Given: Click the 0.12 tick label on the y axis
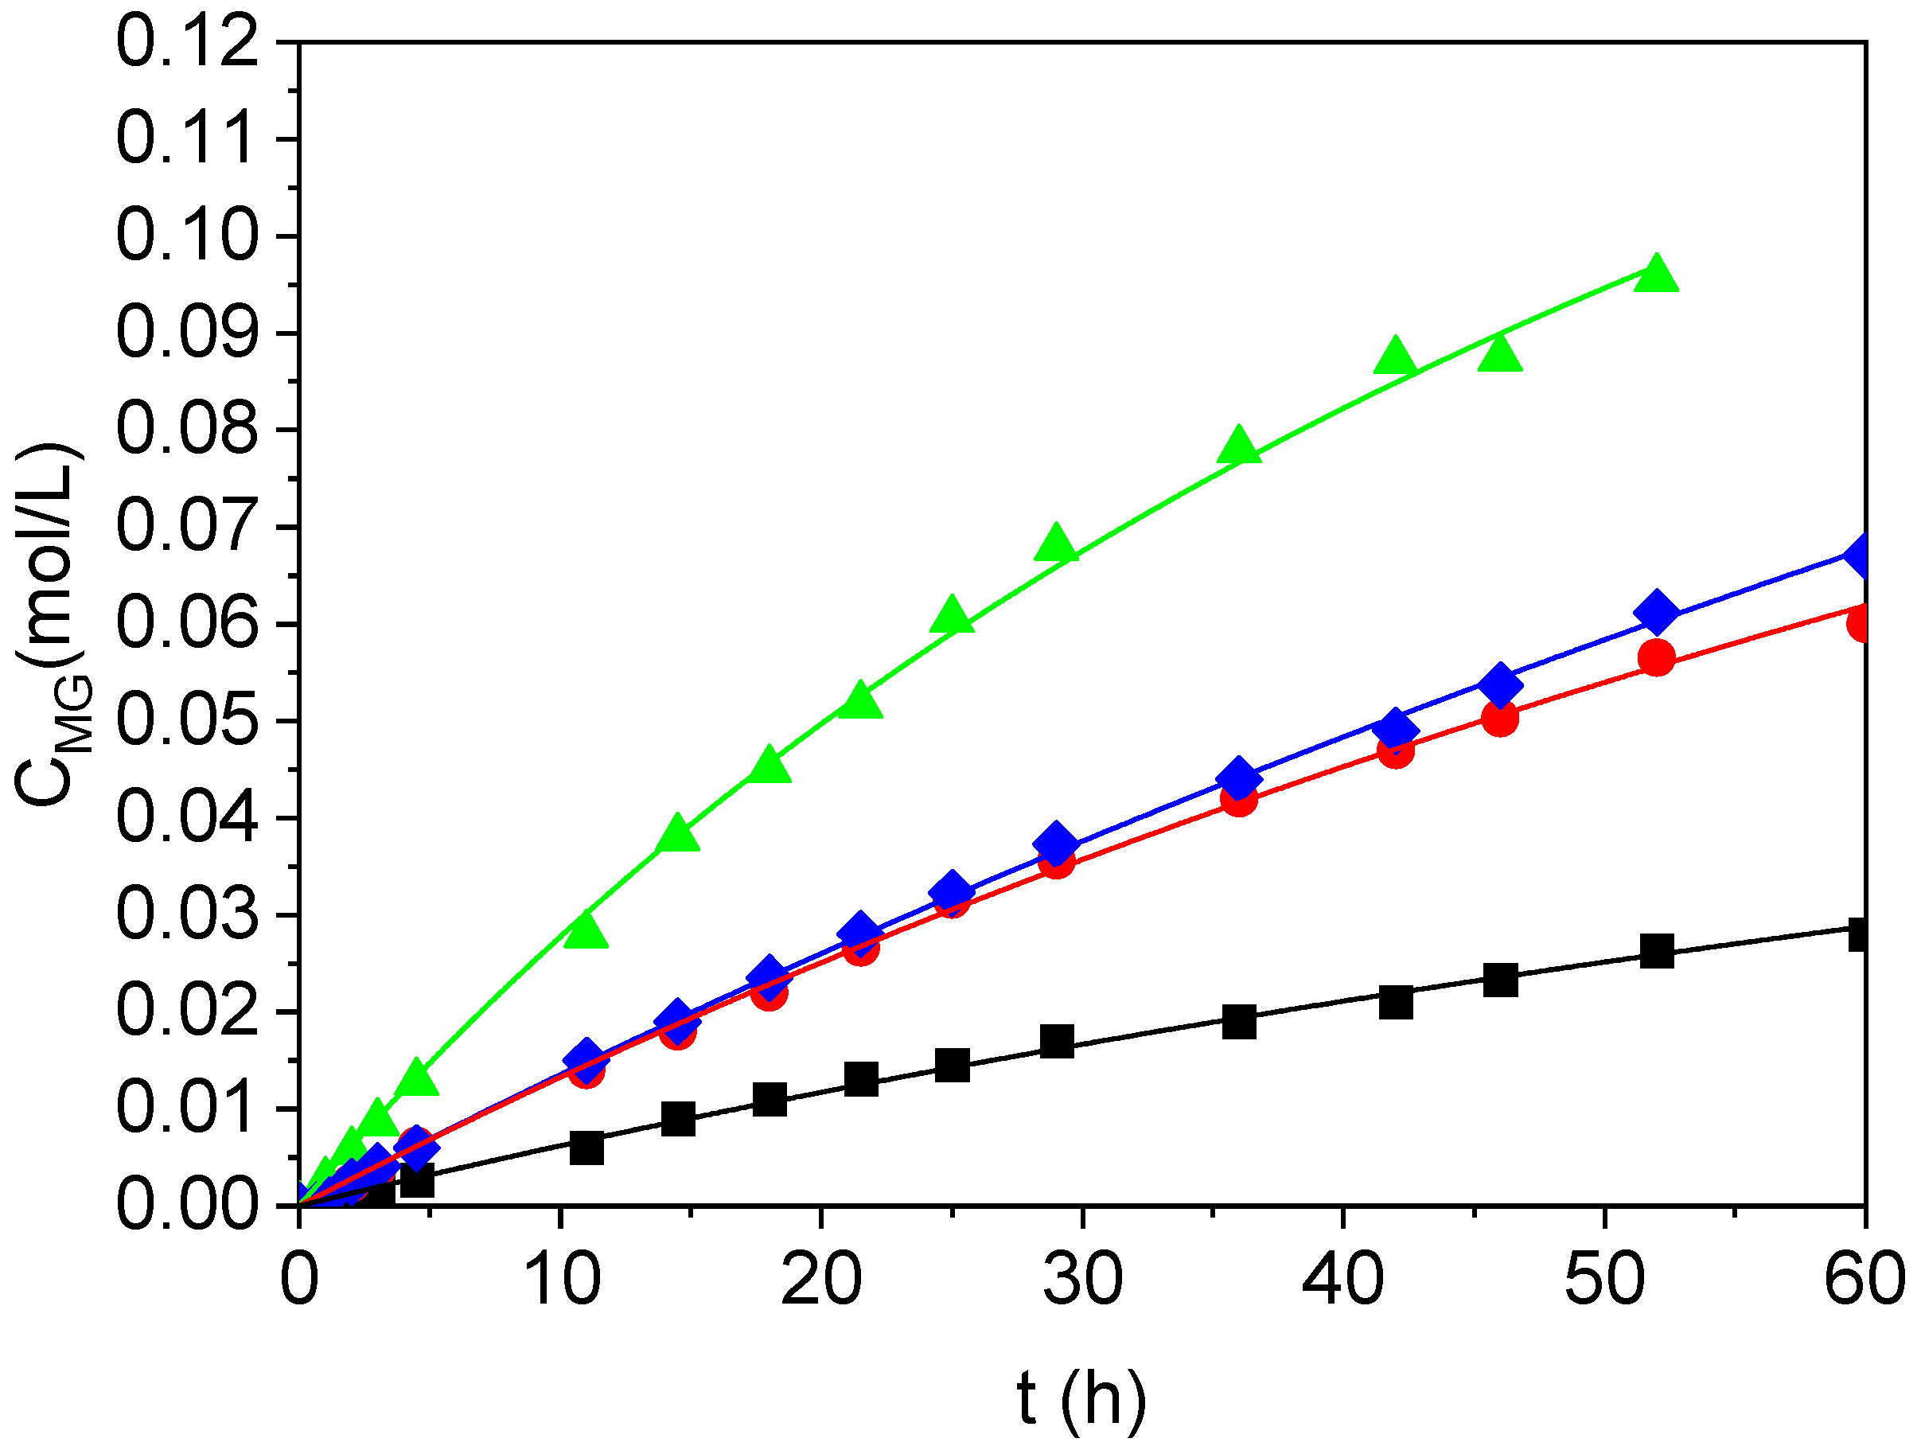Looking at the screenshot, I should point(187,44).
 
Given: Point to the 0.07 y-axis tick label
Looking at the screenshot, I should point(187,527).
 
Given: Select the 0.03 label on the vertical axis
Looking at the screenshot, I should point(187,915).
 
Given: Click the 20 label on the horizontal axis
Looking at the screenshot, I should point(820,1281).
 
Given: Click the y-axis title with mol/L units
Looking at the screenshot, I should point(50,626).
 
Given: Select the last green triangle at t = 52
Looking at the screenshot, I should point(1655,275).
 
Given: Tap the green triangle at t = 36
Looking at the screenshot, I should point(1238,446).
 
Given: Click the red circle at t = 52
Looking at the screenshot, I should point(1656,658).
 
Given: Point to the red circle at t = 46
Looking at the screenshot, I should point(1500,718).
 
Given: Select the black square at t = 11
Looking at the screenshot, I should point(586,1148).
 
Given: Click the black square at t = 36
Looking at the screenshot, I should point(1238,1022).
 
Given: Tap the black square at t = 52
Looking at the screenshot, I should point(1656,951).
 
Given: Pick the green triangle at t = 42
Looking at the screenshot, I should point(1395,356).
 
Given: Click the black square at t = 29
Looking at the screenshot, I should point(1056,1040).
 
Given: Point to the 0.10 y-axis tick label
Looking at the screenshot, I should point(187,236).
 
